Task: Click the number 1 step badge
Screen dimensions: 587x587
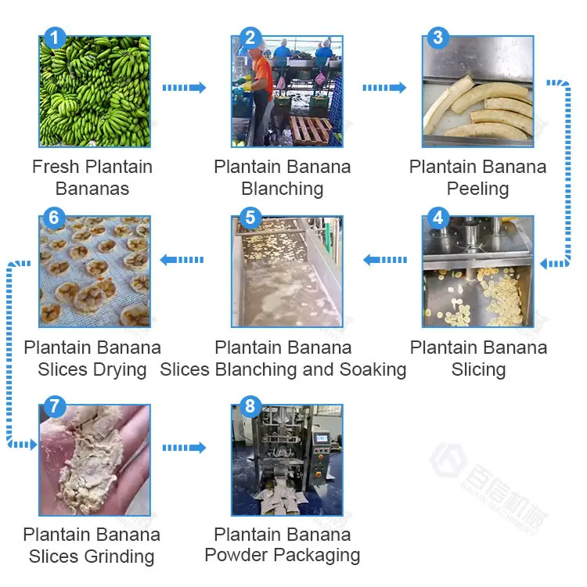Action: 54,37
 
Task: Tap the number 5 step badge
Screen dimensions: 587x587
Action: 250,218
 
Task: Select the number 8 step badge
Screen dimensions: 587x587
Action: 250,405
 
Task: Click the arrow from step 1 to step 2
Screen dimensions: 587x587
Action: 184,88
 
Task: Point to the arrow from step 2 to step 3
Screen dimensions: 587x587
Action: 384,88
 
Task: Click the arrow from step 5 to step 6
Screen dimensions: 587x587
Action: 182,260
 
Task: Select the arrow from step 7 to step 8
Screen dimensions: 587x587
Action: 184,448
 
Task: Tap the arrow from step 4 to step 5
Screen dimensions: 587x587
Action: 384,260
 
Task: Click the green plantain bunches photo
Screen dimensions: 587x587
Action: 95,92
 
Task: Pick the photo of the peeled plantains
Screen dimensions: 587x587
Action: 478,92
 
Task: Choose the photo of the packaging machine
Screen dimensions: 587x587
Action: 286,460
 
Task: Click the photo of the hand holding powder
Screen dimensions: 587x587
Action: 95,460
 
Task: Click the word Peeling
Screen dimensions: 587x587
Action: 477,189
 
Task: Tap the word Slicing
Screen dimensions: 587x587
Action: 478,369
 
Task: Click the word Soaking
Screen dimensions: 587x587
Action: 370,369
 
